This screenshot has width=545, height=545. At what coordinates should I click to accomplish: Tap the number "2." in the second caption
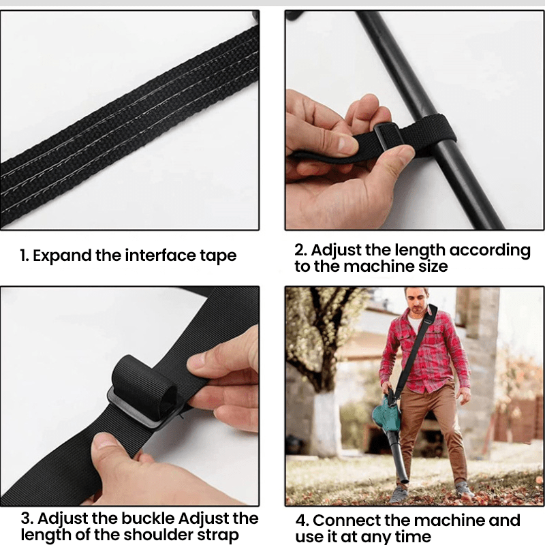tap(301, 250)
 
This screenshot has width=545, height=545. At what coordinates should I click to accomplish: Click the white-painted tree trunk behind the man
tap(324, 422)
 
